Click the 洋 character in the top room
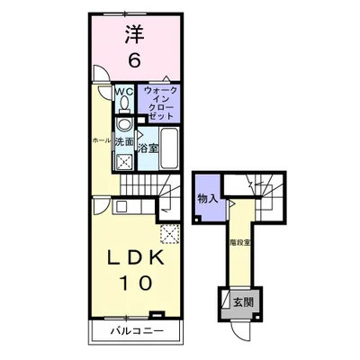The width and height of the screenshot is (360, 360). point(134,33)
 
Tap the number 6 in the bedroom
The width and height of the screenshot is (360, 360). point(134,61)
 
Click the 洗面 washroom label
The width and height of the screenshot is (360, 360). point(125,142)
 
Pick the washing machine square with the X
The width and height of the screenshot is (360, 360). point(124,162)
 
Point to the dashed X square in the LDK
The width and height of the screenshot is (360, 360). point(167,234)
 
